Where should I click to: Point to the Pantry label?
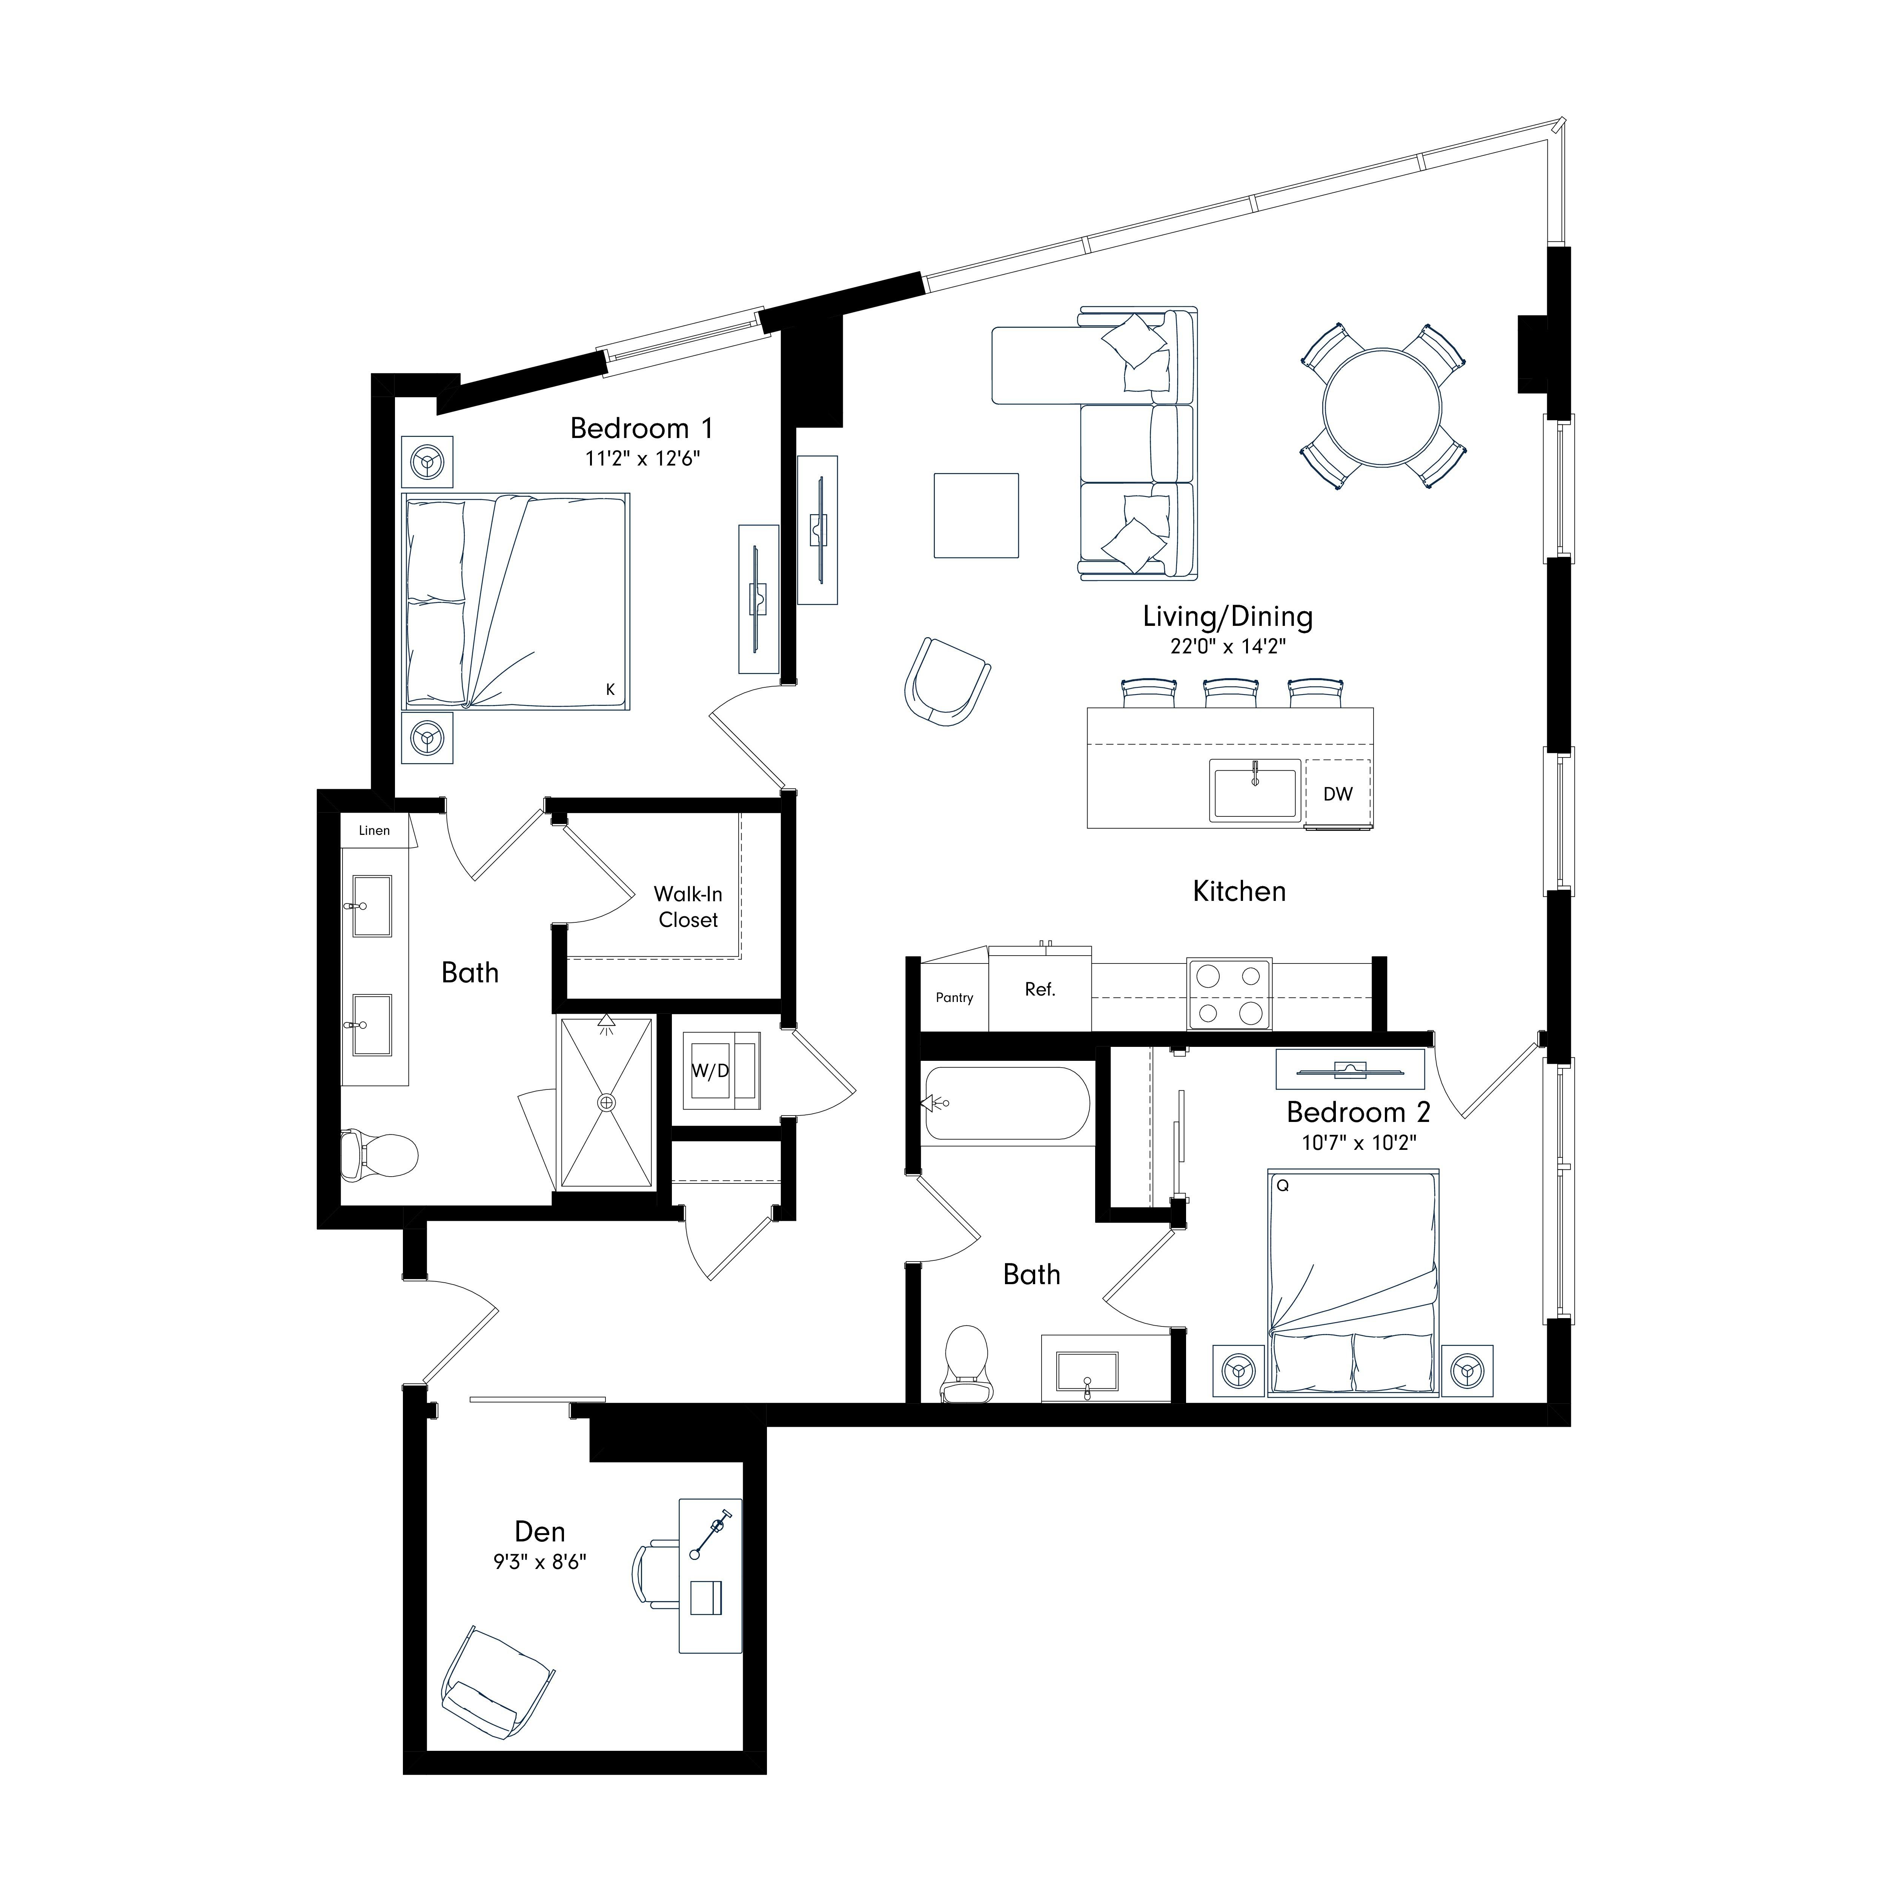pos(954,997)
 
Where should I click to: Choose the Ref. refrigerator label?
pos(1040,990)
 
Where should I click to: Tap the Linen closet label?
pos(374,830)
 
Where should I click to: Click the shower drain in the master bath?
pos(607,1103)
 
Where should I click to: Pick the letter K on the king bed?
pos(610,690)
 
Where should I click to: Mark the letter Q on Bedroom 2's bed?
pos(1282,1186)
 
